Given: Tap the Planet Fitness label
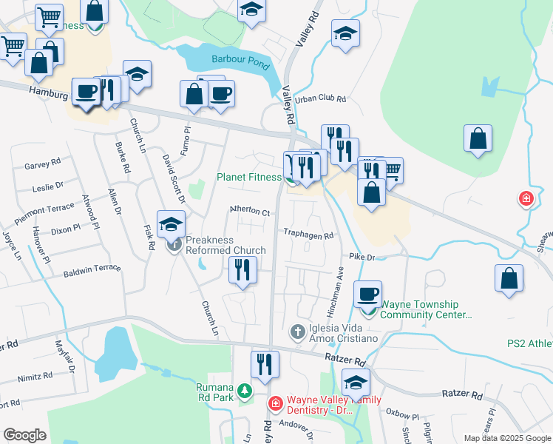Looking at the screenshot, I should point(248,178).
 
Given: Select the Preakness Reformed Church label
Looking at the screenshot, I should point(220,245).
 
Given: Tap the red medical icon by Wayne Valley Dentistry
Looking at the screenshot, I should point(275,403).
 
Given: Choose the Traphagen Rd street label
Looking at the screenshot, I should point(309,233).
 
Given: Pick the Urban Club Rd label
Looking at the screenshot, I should point(320,99).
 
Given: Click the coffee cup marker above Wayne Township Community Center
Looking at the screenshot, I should point(367,295).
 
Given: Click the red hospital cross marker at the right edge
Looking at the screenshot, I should point(526,199).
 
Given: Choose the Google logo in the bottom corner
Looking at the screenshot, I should point(24,435).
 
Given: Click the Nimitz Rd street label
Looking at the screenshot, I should point(35,376).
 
